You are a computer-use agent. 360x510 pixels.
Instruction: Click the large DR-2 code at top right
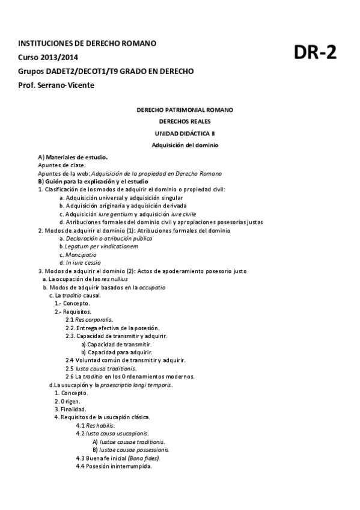(315, 53)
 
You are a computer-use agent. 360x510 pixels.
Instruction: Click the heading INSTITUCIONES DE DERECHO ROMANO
(88, 44)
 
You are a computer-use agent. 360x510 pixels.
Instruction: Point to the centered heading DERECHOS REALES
(185, 121)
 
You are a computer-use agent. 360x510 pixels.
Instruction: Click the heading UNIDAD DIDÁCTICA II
(185, 133)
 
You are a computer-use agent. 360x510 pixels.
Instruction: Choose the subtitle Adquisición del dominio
(185, 145)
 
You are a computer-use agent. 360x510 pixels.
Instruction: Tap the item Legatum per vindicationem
(90, 247)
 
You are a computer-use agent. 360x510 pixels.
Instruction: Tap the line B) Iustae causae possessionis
(130, 449)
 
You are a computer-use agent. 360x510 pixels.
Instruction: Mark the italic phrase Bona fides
(144, 458)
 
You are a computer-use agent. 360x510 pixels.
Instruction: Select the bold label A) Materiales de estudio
(73, 156)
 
